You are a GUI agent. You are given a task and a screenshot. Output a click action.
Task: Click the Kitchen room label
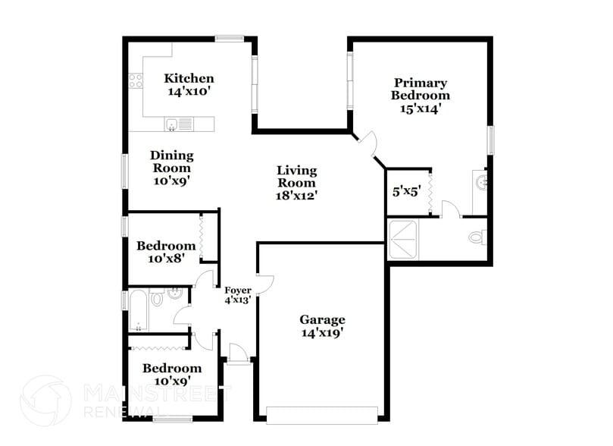pos(189,78)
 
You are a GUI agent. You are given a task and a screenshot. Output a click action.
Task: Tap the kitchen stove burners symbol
pos(136,80)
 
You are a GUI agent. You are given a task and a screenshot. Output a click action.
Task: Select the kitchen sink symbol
pos(173,124)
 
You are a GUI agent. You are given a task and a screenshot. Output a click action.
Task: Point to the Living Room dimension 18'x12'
pos(296,195)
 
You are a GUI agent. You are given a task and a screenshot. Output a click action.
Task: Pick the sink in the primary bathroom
pos(481,182)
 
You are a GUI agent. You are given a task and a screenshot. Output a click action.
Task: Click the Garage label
pos(322,320)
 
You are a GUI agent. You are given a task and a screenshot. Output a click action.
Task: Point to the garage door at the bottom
pos(322,414)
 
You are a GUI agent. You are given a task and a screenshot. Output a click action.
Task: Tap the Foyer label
pos(238,291)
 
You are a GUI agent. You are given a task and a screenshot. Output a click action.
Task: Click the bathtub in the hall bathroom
pos(138,310)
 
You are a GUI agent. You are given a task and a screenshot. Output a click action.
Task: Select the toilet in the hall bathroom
pos(157,299)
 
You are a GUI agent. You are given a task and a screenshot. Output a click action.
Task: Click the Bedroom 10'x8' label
pos(166,246)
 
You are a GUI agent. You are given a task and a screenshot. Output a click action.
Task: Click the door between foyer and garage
pos(264,284)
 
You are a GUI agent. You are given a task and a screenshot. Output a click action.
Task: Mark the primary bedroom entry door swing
pos(368,143)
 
